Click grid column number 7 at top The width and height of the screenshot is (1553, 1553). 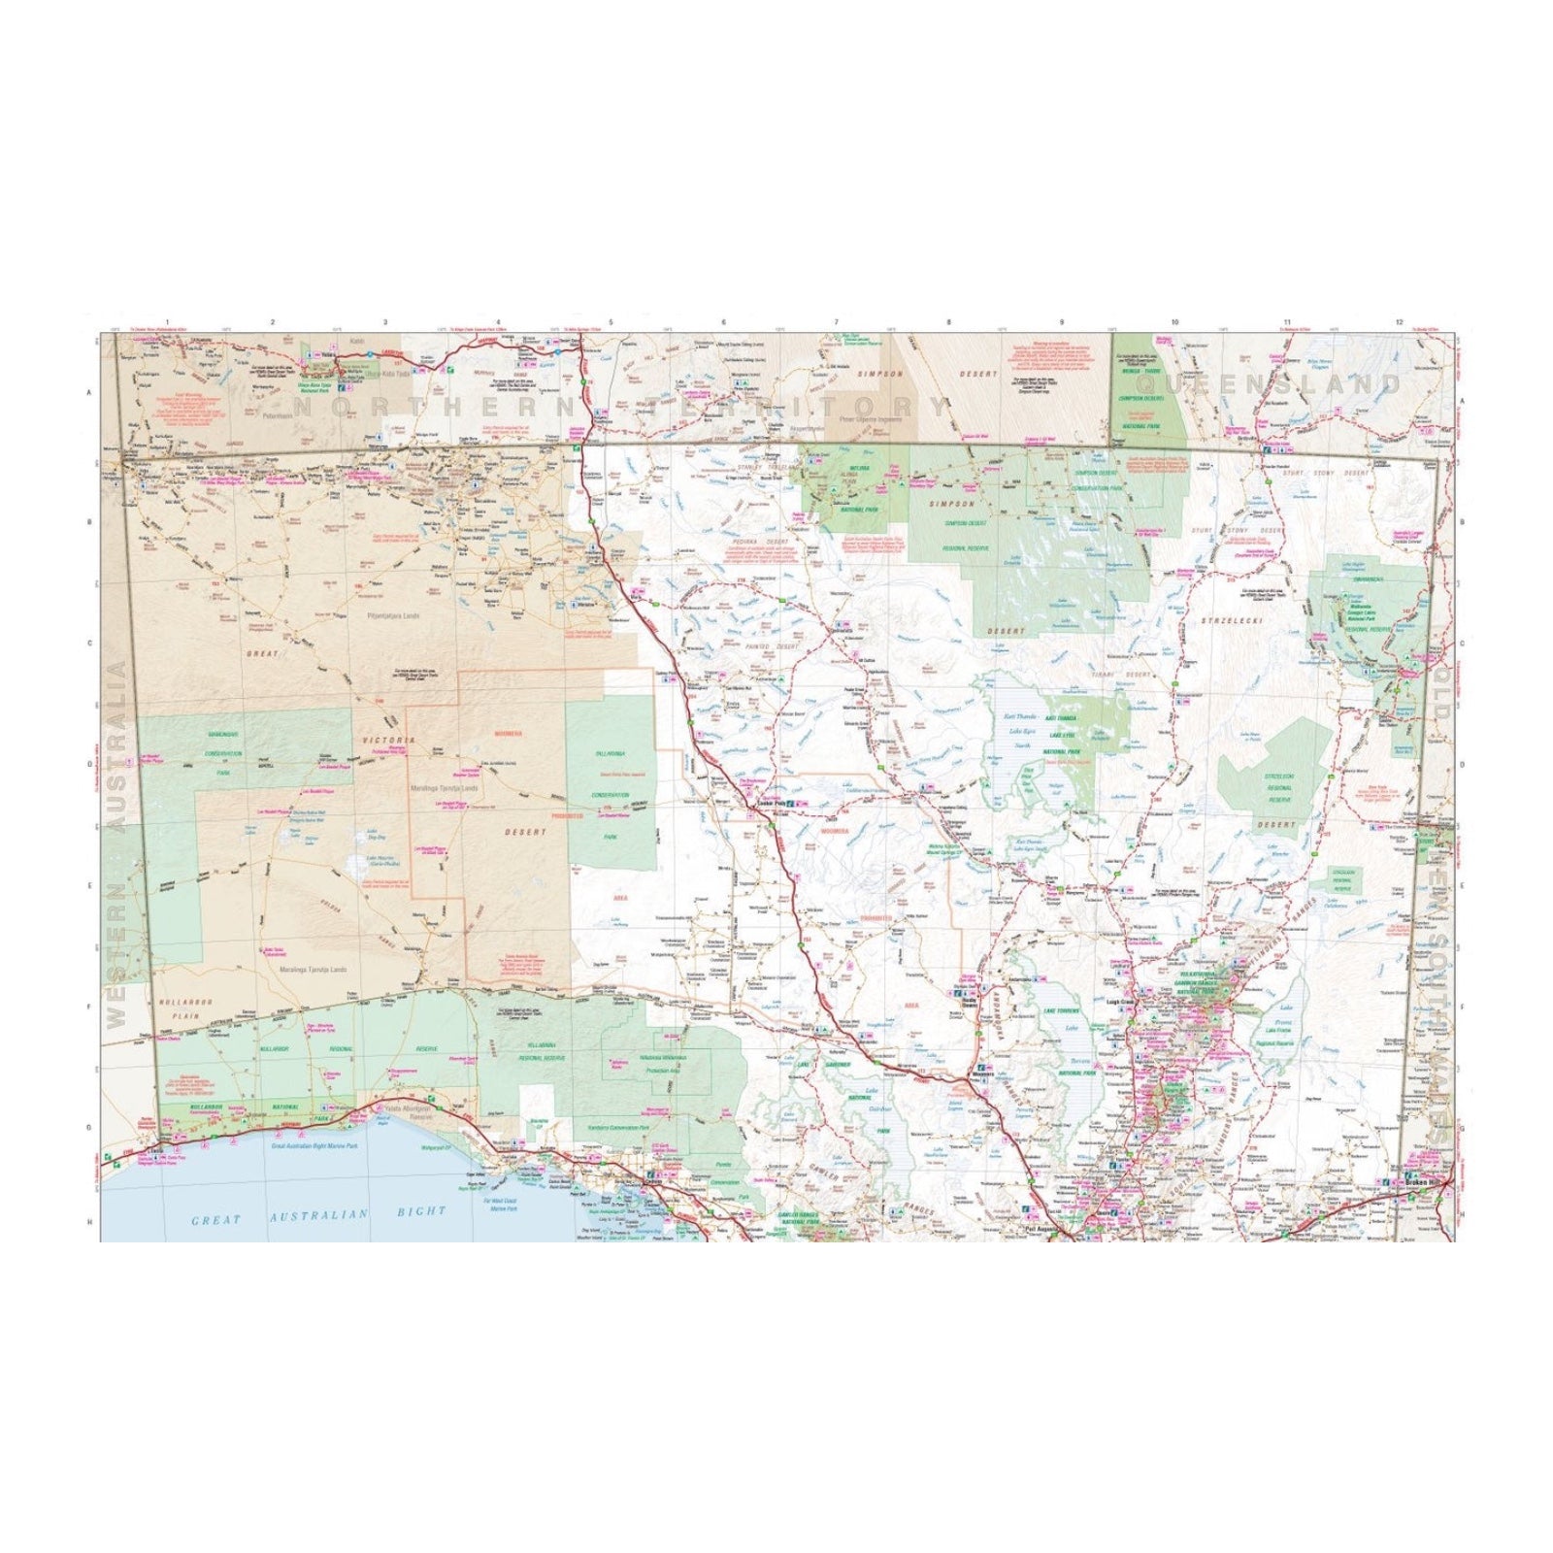click(837, 321)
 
